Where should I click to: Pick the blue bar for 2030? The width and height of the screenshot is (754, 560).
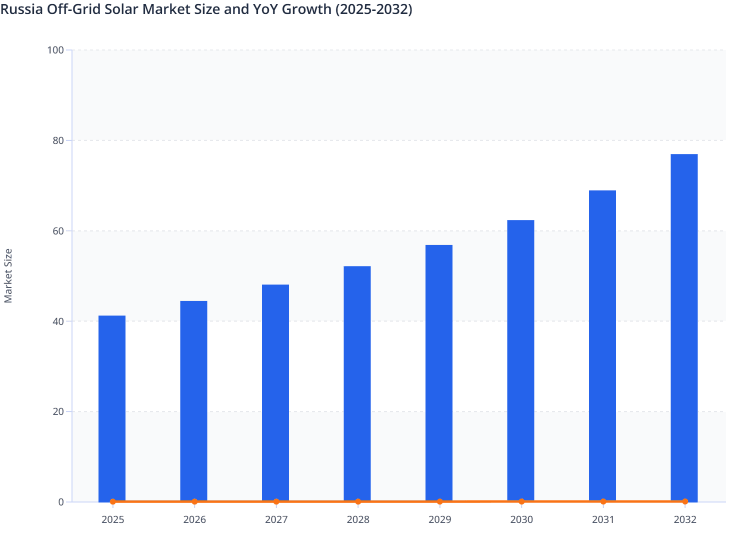point(520,360)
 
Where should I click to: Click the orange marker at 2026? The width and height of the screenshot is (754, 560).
point(194,501)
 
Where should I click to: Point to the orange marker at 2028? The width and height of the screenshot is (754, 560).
point(358,501)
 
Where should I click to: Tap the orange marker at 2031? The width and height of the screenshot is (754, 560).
point(603,501)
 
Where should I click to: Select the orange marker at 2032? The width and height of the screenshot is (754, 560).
point(685,501)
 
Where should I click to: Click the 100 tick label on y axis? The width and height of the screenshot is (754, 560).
point(55,50)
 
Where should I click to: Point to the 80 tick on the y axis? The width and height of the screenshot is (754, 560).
point(58,140)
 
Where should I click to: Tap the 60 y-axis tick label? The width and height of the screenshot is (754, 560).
point(58,231)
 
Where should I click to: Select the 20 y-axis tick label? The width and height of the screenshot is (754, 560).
point(58,411)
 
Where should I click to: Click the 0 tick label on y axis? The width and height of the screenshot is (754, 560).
point(61,502)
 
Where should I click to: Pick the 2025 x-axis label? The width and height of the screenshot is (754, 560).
point(113,519)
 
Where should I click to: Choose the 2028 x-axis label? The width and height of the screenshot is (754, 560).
point(358,519)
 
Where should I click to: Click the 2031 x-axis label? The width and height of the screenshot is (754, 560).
point(603,519)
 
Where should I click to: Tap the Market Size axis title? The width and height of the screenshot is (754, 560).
point(8,275)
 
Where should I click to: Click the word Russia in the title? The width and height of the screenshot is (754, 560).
point(21,9)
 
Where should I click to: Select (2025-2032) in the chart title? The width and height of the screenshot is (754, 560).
point(373,9)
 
